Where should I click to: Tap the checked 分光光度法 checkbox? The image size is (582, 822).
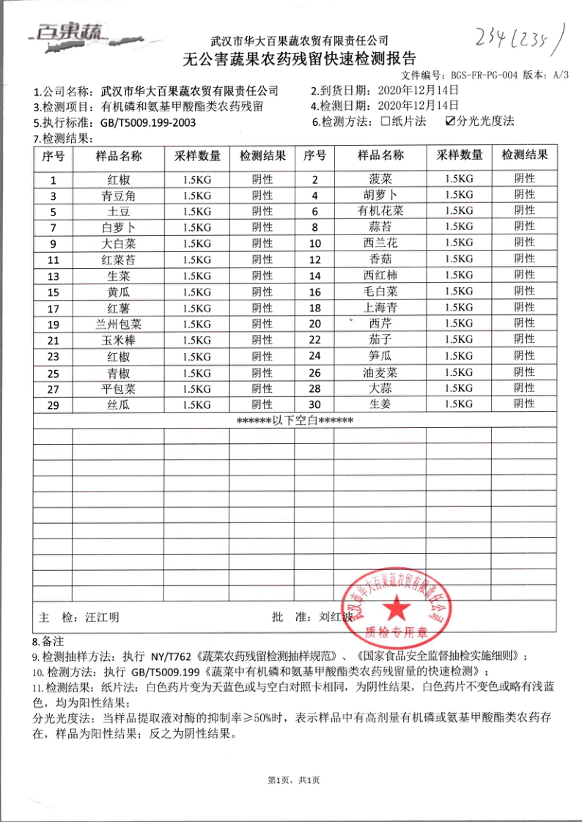(451, 122)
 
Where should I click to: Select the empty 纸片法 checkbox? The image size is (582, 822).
(386, 122)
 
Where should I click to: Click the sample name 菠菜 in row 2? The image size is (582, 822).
(380, 179)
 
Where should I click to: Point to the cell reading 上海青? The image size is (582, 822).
(380, 308)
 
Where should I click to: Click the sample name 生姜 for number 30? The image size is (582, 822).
(380, 404)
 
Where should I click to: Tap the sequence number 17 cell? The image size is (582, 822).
(53, 308)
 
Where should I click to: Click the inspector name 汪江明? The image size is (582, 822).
(102, 617)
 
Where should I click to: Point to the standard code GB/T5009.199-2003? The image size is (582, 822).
(147, 122)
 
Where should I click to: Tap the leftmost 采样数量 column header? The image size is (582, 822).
(197, 156)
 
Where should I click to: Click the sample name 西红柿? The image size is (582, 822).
(380, 275)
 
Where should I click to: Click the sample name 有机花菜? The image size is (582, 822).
(380, 210)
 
